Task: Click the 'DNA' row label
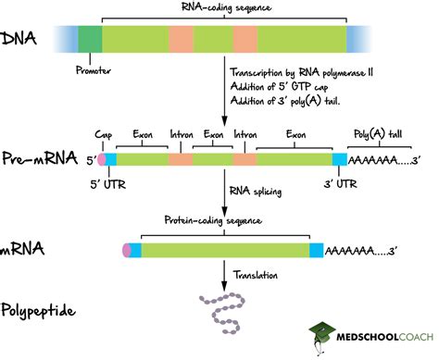[x=20, y=39]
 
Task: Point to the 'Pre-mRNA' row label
[x=38, y=159]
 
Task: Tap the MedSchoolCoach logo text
[x=379, y=335]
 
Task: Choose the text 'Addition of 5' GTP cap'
[x=281, y=86]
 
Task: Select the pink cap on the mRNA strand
[x=127, y=250]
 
